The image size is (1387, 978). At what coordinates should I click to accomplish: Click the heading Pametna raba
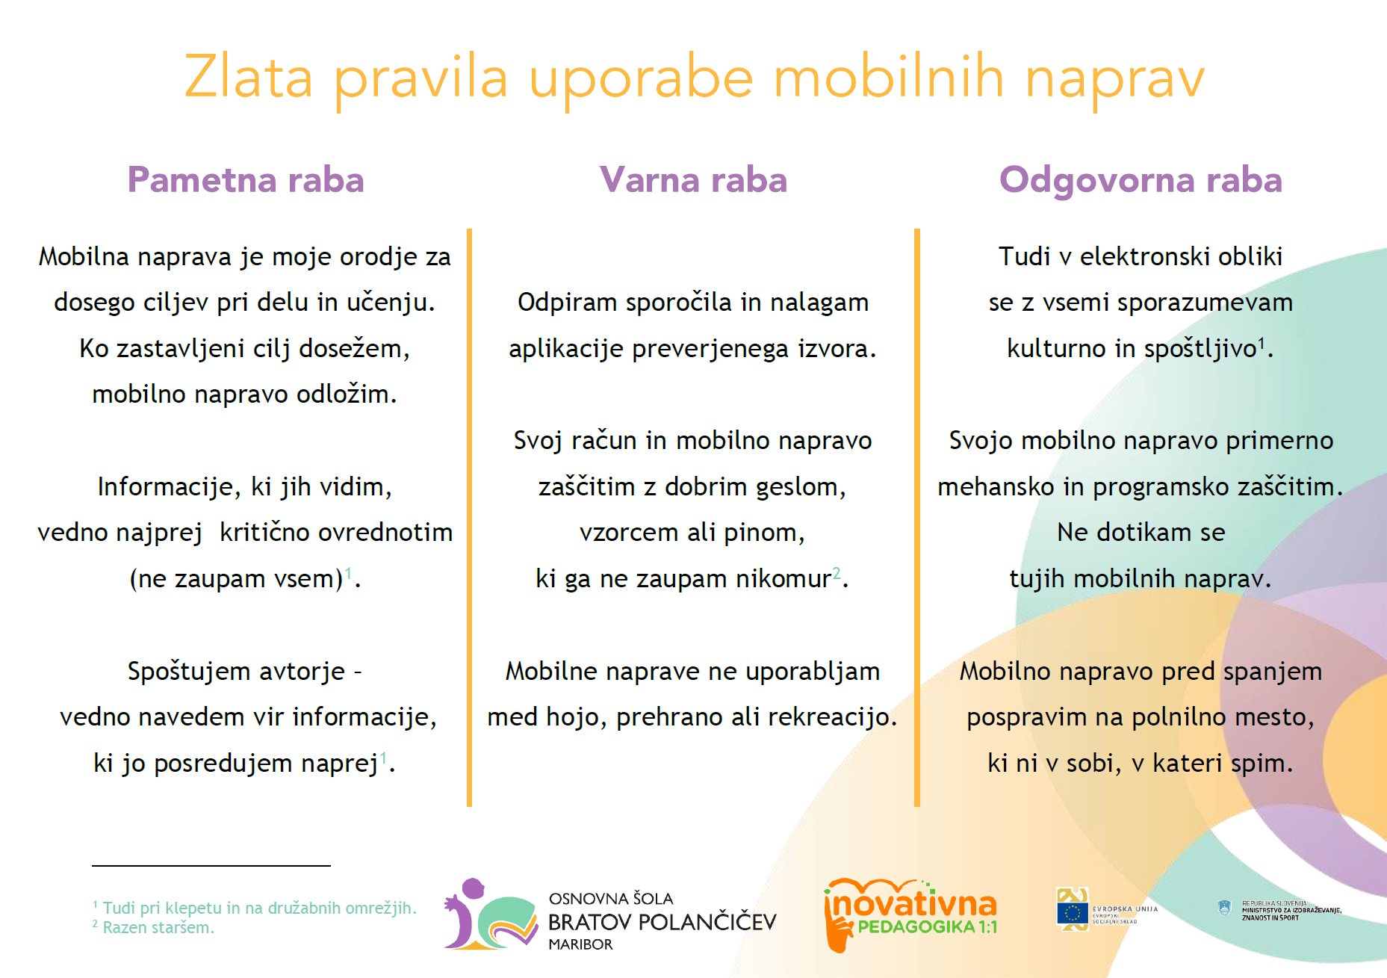pyautogui.click(x=246, y=180)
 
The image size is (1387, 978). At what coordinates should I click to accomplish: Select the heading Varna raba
pyautogui.click(x=693, y=180)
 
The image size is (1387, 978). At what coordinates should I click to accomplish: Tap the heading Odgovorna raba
pyautogui.click(x=1141, y=180)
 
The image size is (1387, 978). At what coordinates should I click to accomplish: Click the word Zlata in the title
pyautogui.click(x=248, y=78)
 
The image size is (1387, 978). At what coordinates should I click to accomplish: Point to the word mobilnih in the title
pyautogui.click(x=888, y=78)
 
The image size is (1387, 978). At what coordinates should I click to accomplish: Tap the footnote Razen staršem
pyautogui.click(x=158, y=928)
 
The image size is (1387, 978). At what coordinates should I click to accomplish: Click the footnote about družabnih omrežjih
pyautogui.click(x=258, y=909)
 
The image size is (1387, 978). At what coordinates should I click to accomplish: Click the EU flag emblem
pyautogui.click(x=1073, y=912)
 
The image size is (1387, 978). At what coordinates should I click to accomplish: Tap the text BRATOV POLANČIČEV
pyautogui.click(x=662, y=923)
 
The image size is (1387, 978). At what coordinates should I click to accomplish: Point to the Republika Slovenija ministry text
pyautogui.click(x=1291, y=911)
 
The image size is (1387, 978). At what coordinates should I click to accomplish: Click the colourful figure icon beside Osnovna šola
pyautogui.click(x=489, y=915)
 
